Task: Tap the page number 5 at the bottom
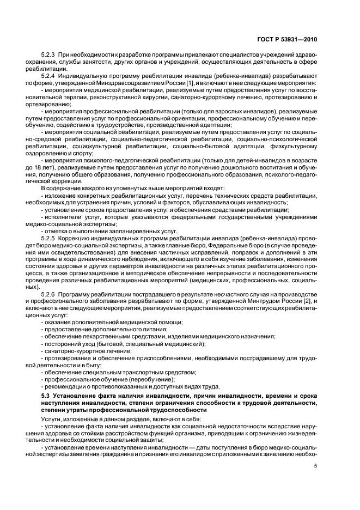pos(316,465)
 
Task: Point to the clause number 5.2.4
pos(48,76)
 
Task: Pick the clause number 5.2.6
pos(48,294)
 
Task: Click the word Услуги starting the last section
pos(52,418)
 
